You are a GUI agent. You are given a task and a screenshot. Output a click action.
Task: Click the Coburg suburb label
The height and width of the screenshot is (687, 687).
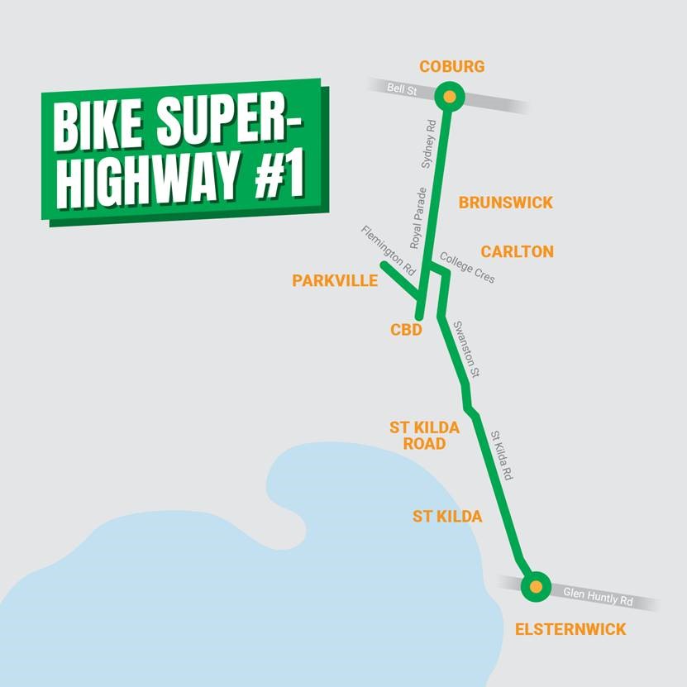point(451,66)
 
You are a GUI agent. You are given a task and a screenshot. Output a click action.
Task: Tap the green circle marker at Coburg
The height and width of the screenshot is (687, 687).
point(449,97)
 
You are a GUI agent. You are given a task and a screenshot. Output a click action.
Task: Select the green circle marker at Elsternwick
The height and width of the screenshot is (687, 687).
point(536,587)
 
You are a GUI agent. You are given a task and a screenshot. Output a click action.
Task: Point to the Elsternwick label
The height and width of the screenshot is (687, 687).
point(570,629)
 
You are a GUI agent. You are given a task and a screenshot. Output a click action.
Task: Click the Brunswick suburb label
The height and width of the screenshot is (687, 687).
point(506,203)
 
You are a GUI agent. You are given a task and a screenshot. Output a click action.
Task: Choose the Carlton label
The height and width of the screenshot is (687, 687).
point(518,251)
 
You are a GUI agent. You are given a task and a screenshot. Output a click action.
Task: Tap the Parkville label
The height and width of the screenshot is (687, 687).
point(335,281)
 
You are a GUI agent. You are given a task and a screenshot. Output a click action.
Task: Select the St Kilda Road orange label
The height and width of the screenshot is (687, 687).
point(418,436)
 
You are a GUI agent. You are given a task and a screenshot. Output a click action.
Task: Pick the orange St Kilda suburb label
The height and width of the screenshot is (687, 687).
point(447,517)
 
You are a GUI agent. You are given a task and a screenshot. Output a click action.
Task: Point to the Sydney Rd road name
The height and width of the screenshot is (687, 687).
point(428,144)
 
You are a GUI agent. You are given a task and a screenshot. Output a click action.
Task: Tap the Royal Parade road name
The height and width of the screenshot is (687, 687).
point(418,217)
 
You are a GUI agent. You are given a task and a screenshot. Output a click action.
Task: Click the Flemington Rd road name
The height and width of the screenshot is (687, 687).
point(388,250)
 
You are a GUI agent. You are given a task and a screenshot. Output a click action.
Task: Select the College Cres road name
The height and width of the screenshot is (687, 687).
point(468,268)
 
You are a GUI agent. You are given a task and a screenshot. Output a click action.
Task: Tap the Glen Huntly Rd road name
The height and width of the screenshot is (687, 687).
point(597,594)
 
